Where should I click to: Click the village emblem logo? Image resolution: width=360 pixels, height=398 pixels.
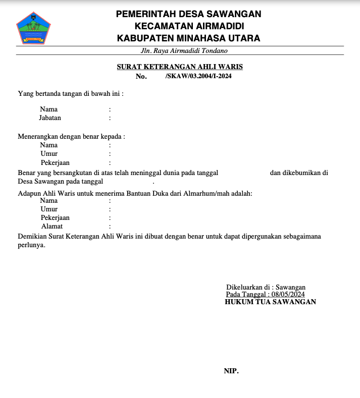coord(34,28)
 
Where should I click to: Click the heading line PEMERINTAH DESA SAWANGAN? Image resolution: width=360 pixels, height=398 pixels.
coord(188,14)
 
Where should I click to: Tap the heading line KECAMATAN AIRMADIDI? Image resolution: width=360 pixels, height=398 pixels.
coord(188,26)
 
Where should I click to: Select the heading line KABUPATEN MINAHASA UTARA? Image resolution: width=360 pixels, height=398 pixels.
coord(188,38)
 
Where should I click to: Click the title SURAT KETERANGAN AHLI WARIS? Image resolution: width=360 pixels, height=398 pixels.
coord(180,67)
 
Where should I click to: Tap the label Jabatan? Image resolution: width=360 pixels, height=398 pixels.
coord(50,118)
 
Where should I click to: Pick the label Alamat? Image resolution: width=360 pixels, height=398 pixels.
coord(52,226)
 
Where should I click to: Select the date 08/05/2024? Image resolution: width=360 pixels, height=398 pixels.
coord(288,295)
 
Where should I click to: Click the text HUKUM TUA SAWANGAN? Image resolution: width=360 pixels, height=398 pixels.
coord(270,302)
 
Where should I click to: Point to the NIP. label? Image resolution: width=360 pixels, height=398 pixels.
coord(231,371)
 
